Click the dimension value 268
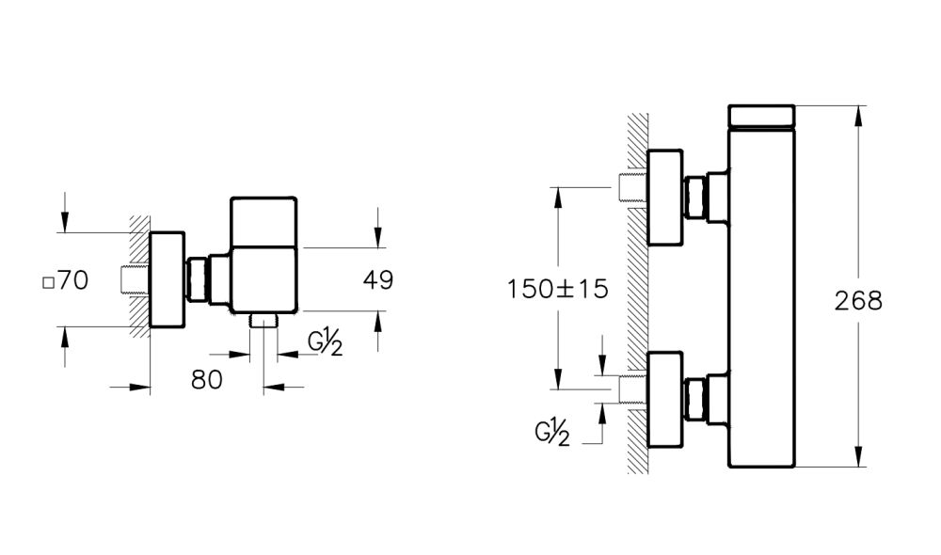tap(858, 300)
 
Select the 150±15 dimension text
tap(557, 289)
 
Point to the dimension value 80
tap(207, 379)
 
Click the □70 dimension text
tap(67, 280)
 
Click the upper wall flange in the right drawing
tap(664, 198)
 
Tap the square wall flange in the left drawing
tap(167, 279)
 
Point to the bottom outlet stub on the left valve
tap(264, 321)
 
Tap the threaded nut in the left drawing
tap(199, 279)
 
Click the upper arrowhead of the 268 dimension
tap(858, 113)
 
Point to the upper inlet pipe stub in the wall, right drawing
tap(631, 188)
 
